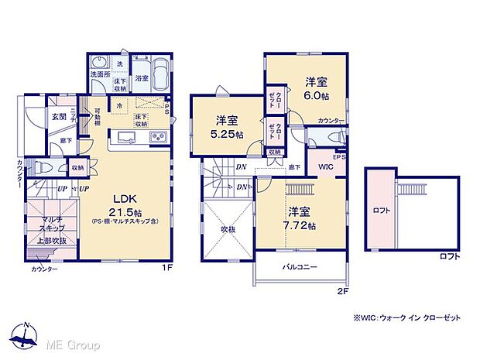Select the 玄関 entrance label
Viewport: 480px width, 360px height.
pyautogui.click(x=59, y=116)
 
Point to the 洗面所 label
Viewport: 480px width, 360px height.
pyautogui.click(x=100, y=75)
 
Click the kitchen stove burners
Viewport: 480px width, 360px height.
pyautogui.click(x=158, y=138)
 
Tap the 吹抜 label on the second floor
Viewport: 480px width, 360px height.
pyautogui.click(x=227, y=230)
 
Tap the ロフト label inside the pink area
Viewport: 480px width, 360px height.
pyautogui.click(x=381, y=210)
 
